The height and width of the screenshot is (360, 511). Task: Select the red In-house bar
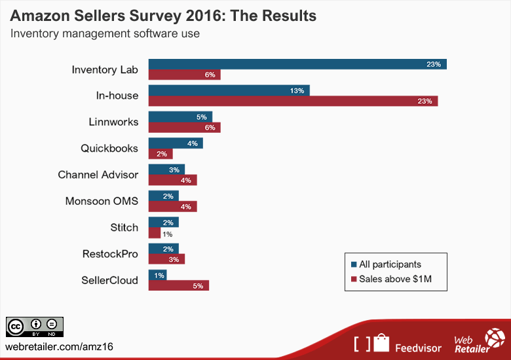(x=293, y=101)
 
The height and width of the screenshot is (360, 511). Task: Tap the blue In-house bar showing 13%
(x=229, y=90)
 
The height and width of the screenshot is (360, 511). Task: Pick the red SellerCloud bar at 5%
(x=178, y=285)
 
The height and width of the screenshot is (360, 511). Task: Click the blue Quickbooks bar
(x=176, y=143)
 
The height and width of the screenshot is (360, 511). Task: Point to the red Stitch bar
(x=155, y=233)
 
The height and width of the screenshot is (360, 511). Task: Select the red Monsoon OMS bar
(x=172, y=207)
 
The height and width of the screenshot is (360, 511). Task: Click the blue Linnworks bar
(x=180, y=117)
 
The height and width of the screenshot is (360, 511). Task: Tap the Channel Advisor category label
(x=98, y=175)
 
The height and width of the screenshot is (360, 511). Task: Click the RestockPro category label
(x=110, y=254)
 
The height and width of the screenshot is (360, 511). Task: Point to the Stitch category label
(x=124, y=228)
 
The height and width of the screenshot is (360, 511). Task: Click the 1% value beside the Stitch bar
(x=168, y=234)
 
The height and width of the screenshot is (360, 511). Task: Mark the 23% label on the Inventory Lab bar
(x=433, y=64)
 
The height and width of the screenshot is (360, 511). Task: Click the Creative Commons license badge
(x=35, y=327)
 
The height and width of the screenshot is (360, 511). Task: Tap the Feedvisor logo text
(x=417, y=344)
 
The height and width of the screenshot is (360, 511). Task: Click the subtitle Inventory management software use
(x=105, y=33)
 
